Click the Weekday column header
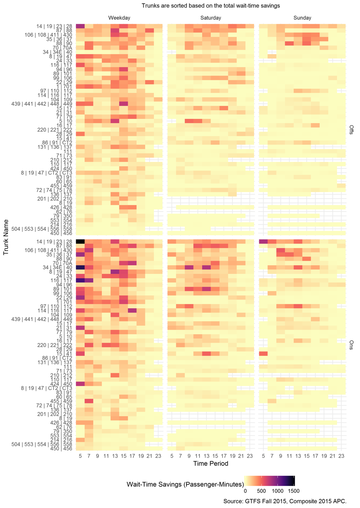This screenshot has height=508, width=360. tap(119, 18)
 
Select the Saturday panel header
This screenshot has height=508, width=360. tap(211, 18)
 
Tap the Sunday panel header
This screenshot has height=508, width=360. tap(302, 18)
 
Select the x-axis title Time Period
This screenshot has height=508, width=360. tap(211, 463)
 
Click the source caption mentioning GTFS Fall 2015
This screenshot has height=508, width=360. tap(285, 501)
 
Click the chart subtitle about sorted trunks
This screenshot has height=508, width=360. tap(211, 6)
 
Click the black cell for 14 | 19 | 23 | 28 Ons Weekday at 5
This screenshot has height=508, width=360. tap(80, 241)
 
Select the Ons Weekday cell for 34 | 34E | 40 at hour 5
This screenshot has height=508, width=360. tap(80, 267)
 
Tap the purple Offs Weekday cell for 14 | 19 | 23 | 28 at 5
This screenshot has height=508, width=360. tap(80, 26)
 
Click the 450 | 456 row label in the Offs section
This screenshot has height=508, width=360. tap(61, 233)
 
